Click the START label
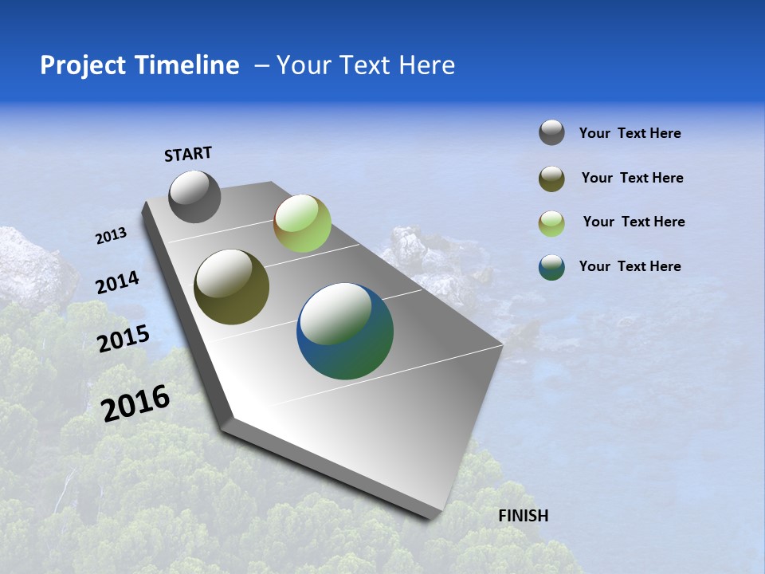[x=188, y=154]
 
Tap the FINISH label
[x=523, y=516]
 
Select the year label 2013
[x=111, y=236]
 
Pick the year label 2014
[x=117, y=283]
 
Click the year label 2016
[x=135, y=403]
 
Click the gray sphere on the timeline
[x=194, y=196]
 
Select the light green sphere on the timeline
[x=302, y=223]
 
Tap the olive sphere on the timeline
[x=231, y=287]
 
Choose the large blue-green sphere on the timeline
[x=345, y=331]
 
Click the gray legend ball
[x=551, y=132]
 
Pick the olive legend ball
[x=551, y=179]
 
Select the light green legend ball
[x=551, y=223]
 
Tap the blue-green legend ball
[x=551, y=267]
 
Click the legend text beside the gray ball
[x=630, y=134]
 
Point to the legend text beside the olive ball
[x=632, y=178]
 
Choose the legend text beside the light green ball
[x=634, y=222]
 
